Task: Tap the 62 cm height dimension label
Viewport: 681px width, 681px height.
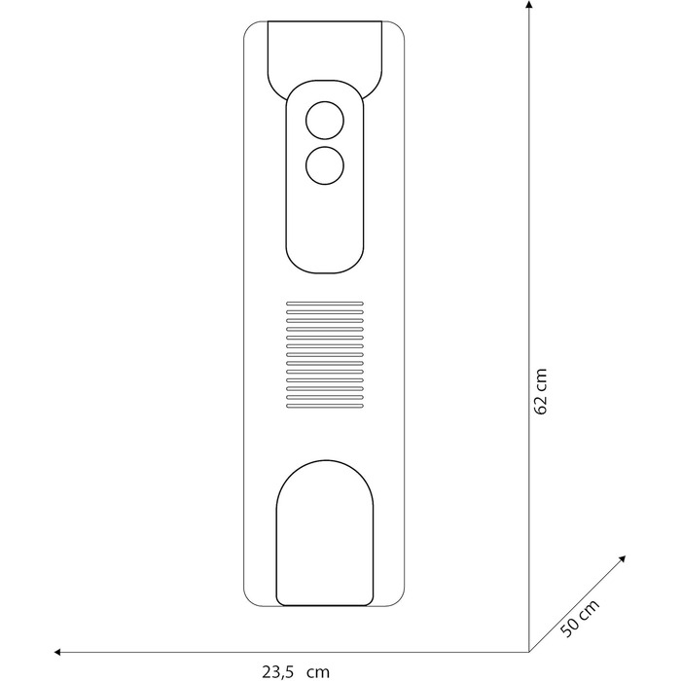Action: (541, 391)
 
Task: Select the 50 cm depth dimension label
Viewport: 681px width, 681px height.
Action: (580, 618)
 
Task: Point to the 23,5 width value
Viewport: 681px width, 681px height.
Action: (279, 671)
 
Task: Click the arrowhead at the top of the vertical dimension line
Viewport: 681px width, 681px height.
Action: (528, 4)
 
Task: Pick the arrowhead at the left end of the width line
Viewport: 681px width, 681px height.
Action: (57, 652)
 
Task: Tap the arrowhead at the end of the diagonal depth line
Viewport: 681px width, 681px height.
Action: (622, 558)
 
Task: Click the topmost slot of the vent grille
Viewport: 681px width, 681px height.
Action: (325, 304)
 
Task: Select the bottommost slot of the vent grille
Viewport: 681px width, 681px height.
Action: (325, 406)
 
